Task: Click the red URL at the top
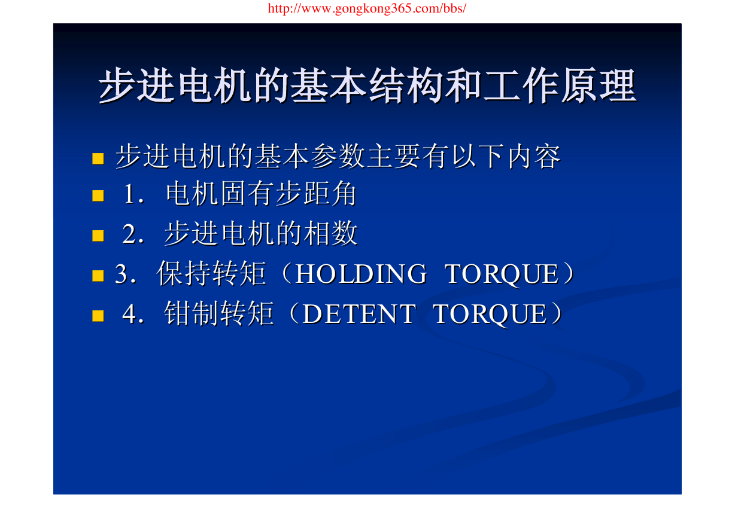367,8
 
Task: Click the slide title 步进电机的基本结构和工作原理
368,86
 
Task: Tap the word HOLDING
362,274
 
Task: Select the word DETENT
359,314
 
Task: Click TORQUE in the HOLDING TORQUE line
502,274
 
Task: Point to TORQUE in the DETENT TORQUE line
490,315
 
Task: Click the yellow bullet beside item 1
98,196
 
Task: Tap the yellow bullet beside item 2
98,236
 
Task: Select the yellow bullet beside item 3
98,276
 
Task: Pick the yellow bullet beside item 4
98,316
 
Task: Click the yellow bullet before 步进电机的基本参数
98,158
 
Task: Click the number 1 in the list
129,194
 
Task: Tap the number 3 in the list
121,274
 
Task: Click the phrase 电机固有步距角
261,194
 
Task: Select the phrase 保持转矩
211,273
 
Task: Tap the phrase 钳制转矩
219,313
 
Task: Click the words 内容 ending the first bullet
534,157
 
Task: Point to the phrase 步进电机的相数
261,233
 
